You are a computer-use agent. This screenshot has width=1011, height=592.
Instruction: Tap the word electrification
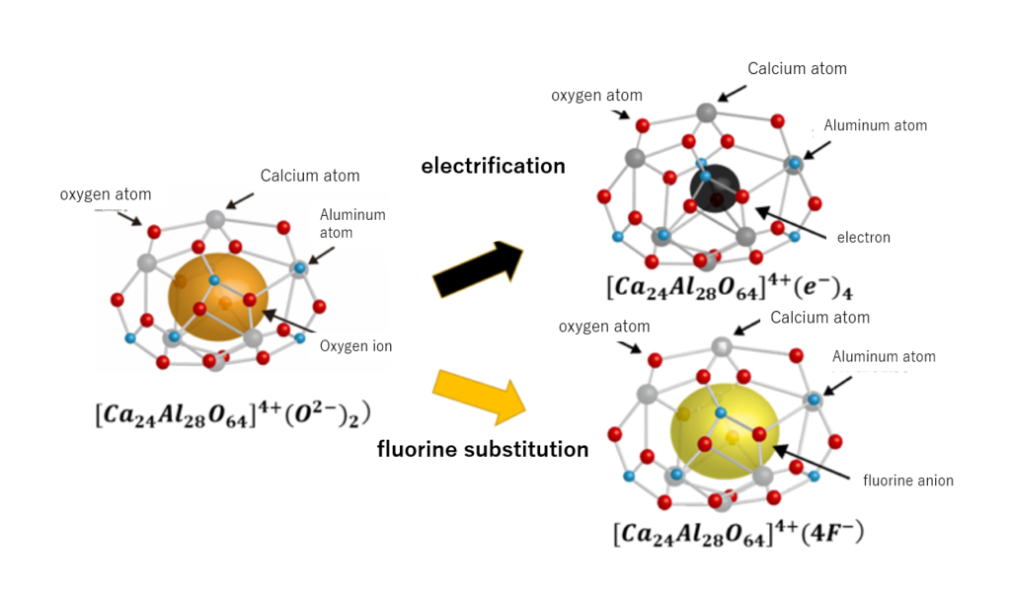point(493,166)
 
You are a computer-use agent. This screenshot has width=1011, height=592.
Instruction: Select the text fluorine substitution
point(483,450)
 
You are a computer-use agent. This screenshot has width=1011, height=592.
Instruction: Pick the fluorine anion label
point(907,481)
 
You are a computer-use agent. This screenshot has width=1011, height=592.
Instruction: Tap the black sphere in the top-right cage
point(715,187)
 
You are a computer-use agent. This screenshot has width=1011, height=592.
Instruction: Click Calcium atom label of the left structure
point(310,176)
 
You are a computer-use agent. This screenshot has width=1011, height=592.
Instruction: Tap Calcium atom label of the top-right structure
point(797,68)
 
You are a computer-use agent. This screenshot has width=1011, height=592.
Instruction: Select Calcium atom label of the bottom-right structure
point(819,318)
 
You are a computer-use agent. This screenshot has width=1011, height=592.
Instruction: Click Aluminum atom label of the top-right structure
point(875,125)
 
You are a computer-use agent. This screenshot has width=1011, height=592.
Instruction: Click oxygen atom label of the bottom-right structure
point(604,327)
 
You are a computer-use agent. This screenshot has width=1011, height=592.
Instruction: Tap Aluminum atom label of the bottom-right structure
point(884,356)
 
